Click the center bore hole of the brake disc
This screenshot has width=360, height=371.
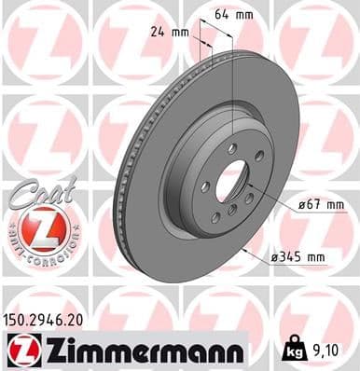230,180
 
